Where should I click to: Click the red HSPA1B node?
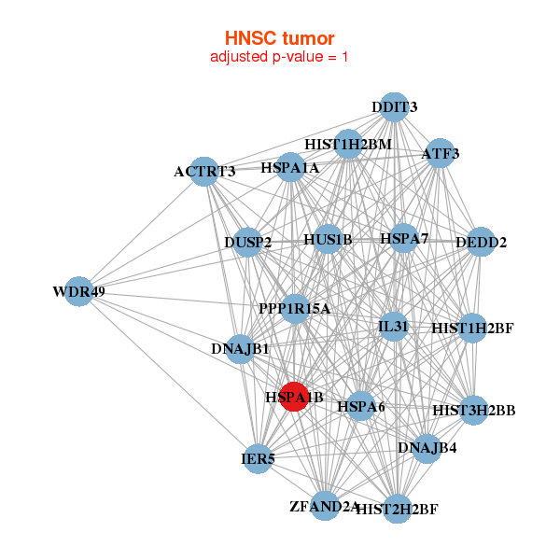[x=294, y=397]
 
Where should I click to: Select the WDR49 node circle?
[x=78, y=292]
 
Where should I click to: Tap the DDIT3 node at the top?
[x=395, y=107]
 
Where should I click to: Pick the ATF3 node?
[x=439, y=152]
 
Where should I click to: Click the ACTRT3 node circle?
[x=204, y=171]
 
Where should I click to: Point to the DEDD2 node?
[x=481, y=243]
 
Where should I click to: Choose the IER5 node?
[x=258, y=458]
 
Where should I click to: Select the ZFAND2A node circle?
[x=325, y=506]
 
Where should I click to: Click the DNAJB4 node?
[x=427, y=449]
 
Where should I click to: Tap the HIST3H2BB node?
[x=474, y=409]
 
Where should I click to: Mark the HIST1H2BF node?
[x=472, y=329]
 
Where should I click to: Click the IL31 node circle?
[x=394, y=326]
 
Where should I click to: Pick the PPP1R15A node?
[x=295, y=309]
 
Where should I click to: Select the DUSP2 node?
[x=248, y=243]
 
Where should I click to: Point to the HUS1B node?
[x=328, y=240]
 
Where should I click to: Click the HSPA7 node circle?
[x=404, y=239]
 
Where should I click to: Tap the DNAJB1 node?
[x=240, y=349]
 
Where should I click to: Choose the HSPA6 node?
[x=361, y=406]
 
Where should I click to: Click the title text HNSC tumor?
[x=279, y=38]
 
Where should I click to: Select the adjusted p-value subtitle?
[x=279, y=57]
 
